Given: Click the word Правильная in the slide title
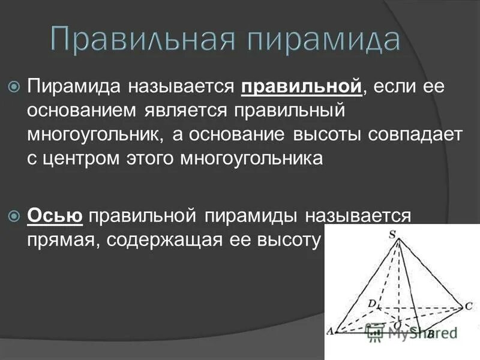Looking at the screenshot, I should click(x=139, y=40).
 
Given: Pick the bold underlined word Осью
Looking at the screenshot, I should click(x=55, y=215).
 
